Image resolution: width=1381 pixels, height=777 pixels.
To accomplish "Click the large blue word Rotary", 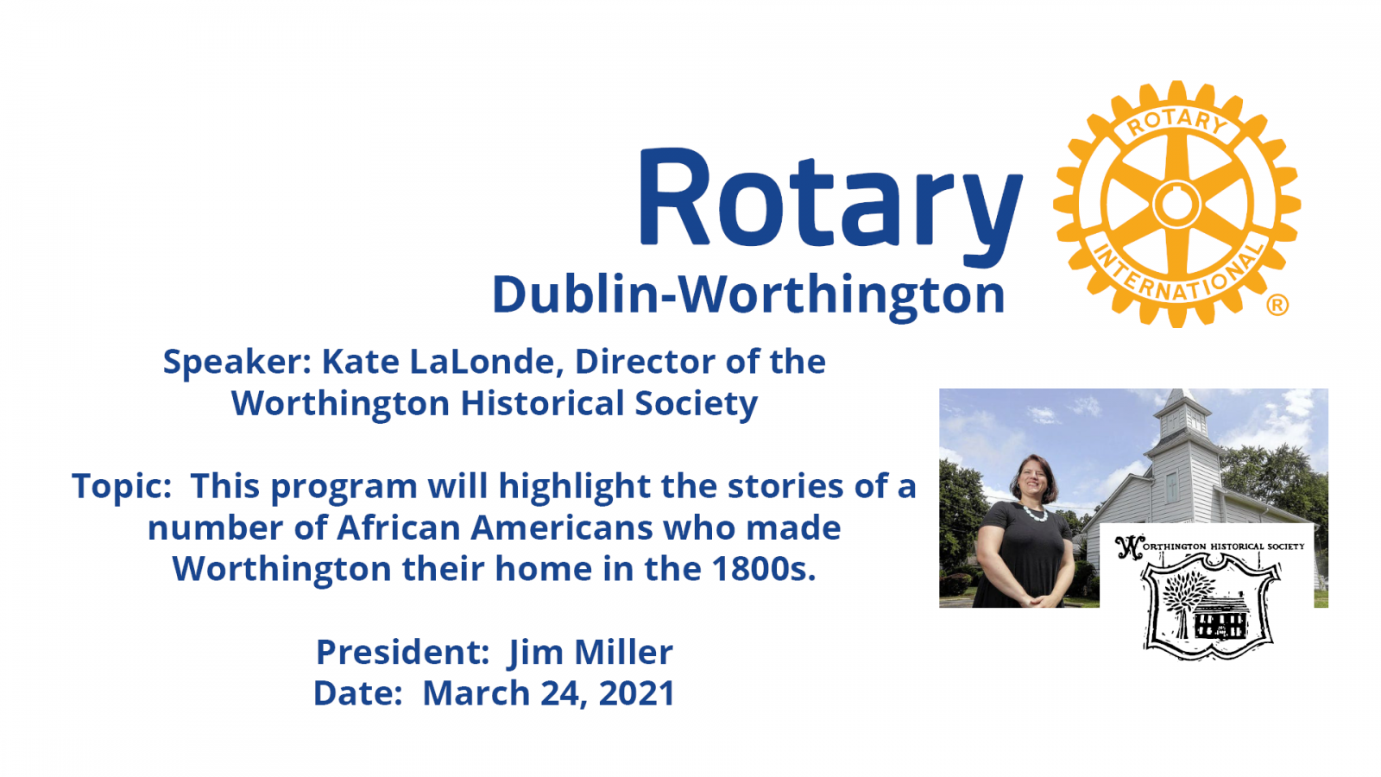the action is click(829, 204).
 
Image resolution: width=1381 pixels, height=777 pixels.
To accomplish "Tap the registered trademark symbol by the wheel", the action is click(1277, 305).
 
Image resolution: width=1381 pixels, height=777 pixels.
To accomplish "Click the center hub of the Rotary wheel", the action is click(1176, 204).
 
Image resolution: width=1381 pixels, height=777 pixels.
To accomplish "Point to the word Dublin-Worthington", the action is click(748, 295).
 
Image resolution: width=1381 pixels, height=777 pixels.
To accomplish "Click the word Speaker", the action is click(236, 363).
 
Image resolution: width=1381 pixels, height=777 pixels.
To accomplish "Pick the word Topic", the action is click(122, 487).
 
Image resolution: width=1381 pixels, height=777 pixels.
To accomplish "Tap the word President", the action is click(402, 652).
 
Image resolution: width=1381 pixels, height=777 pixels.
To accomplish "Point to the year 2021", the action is click(637, 693).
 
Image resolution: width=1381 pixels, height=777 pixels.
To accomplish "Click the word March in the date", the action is click(476, 693).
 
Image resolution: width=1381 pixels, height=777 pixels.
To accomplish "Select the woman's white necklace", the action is click(1036, 512).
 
